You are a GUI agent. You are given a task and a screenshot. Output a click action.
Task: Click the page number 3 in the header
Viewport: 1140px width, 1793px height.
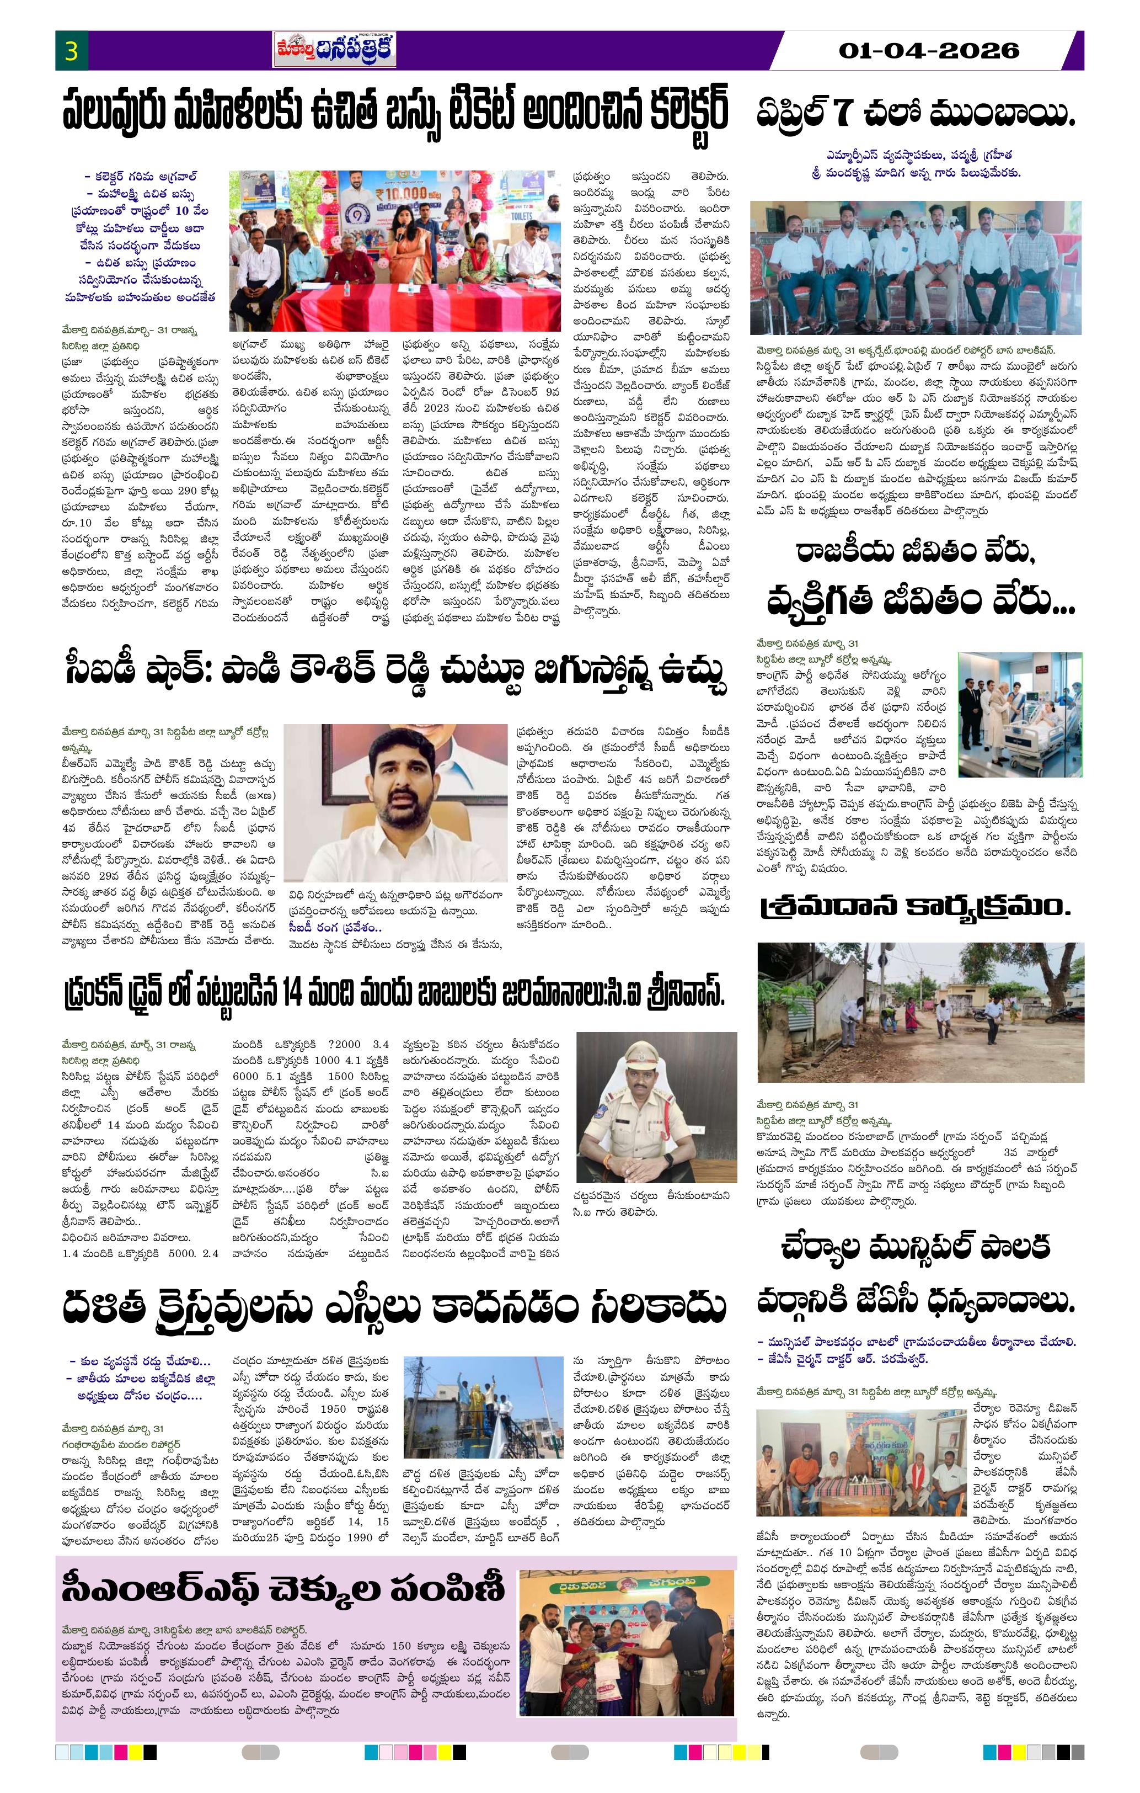tap(72, 51)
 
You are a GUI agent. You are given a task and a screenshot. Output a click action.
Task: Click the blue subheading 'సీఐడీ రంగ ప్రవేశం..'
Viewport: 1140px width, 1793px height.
tap(335, 928)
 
